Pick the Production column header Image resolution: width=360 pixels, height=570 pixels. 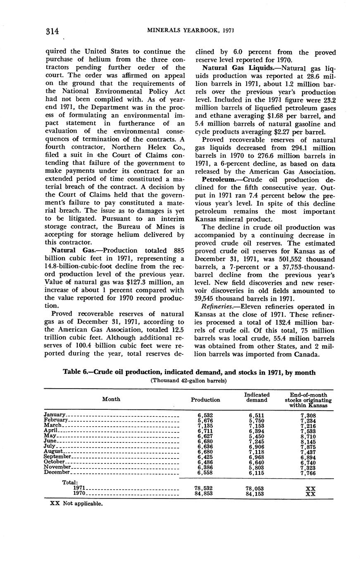[x=205, y=400]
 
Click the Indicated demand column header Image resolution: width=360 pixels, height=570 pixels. [x=257, y=397]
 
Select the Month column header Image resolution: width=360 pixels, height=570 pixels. [x=111, y=399]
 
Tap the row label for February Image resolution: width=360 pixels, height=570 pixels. [x=56, y=420]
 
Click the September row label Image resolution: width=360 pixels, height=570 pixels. [x=58, y=456]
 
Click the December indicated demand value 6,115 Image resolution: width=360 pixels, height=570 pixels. [x=257, y=473]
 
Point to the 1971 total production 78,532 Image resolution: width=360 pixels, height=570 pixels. [x=203, y=488]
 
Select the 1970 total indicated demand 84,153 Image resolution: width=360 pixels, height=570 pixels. [x=255, y=493]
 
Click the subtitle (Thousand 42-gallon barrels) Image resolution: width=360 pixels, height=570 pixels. [x=189, y=380]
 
